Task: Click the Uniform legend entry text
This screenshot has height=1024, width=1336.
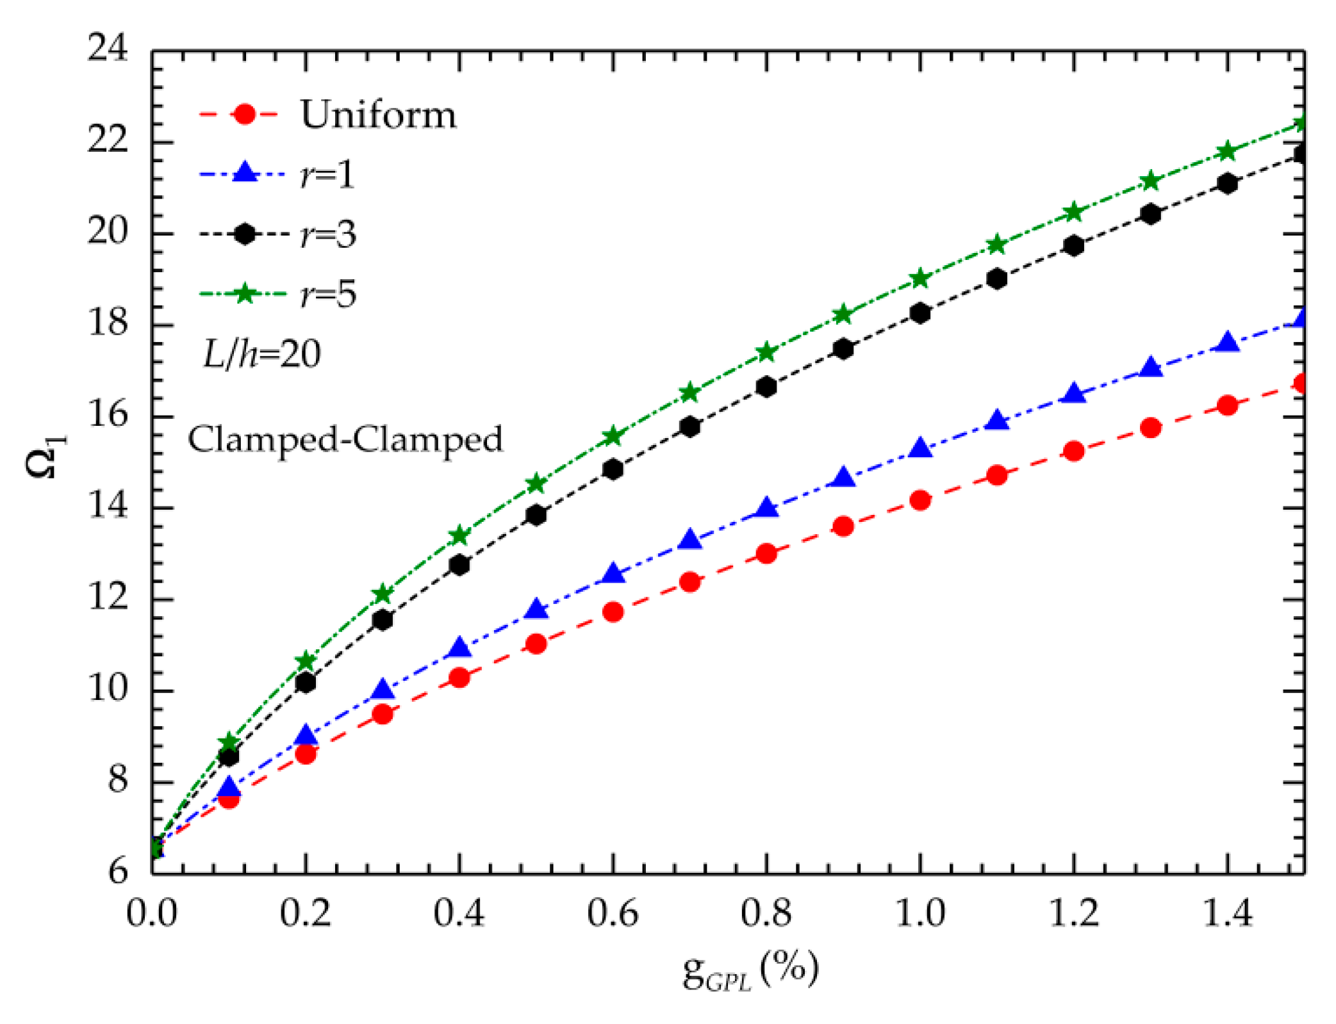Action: (378, 115)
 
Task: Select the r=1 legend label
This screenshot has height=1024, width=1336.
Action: (327, 174)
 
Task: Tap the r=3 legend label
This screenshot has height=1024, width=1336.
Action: (328, 234)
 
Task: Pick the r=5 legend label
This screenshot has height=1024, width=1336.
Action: (328, 294)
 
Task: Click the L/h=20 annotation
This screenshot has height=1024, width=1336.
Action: (262, 354)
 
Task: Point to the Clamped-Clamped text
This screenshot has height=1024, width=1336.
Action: (345, 439)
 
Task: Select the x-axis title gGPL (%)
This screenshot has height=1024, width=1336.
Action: (750, 970)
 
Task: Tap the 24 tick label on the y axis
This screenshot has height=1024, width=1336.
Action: (108, 47)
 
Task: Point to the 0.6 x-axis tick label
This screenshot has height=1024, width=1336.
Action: (613, 913)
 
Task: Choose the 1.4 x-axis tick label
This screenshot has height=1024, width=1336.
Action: (1227, 913)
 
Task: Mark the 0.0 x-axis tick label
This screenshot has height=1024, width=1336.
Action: (152, 913)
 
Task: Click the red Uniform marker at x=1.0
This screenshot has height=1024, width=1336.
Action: (920, 500)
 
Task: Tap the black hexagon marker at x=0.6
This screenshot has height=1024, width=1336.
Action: (613, 469)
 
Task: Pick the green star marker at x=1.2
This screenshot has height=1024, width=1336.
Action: (1074, 212)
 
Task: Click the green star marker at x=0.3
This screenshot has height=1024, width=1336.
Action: (383, 594)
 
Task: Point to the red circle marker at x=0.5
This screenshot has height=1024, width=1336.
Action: (536, 644)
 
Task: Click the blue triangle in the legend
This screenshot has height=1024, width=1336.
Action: (245, 173)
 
